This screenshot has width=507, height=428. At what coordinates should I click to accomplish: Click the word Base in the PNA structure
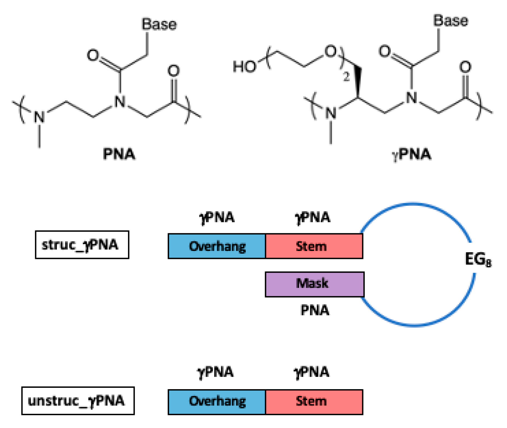[x=159, y=24]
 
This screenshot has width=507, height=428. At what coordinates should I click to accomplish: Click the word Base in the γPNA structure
[x=451, y=21]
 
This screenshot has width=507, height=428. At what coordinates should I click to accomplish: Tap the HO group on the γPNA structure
[x=244, y=66]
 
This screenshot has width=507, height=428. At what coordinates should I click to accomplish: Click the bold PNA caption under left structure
[x=119, y=154]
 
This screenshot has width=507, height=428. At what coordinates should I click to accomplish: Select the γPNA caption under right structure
[x=411, y=154]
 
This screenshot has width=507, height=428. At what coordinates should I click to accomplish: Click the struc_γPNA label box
[x=82, y=245]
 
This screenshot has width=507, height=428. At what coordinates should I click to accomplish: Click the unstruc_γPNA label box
[x=78, y=401]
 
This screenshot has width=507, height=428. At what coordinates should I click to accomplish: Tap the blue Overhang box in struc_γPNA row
[x=217, y=246]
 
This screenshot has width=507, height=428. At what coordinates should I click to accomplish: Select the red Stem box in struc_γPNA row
[x=314, y=246]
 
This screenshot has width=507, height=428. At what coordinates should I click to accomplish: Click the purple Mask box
[x=315, y=284]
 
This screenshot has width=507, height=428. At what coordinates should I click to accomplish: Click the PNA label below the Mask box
[x=315, y=310]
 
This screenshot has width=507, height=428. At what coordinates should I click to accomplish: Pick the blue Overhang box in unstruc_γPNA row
[x=217, y=402]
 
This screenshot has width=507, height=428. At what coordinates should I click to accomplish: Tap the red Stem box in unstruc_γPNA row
[x=314, y=402]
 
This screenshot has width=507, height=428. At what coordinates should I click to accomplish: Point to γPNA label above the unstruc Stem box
[x=311, y=372]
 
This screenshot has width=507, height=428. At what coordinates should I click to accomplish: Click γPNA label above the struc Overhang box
[x=217, y=217]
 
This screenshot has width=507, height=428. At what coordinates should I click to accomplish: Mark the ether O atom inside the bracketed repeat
[x=330, y=51]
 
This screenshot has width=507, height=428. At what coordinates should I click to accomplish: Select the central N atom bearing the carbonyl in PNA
[x=120, y=102]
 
